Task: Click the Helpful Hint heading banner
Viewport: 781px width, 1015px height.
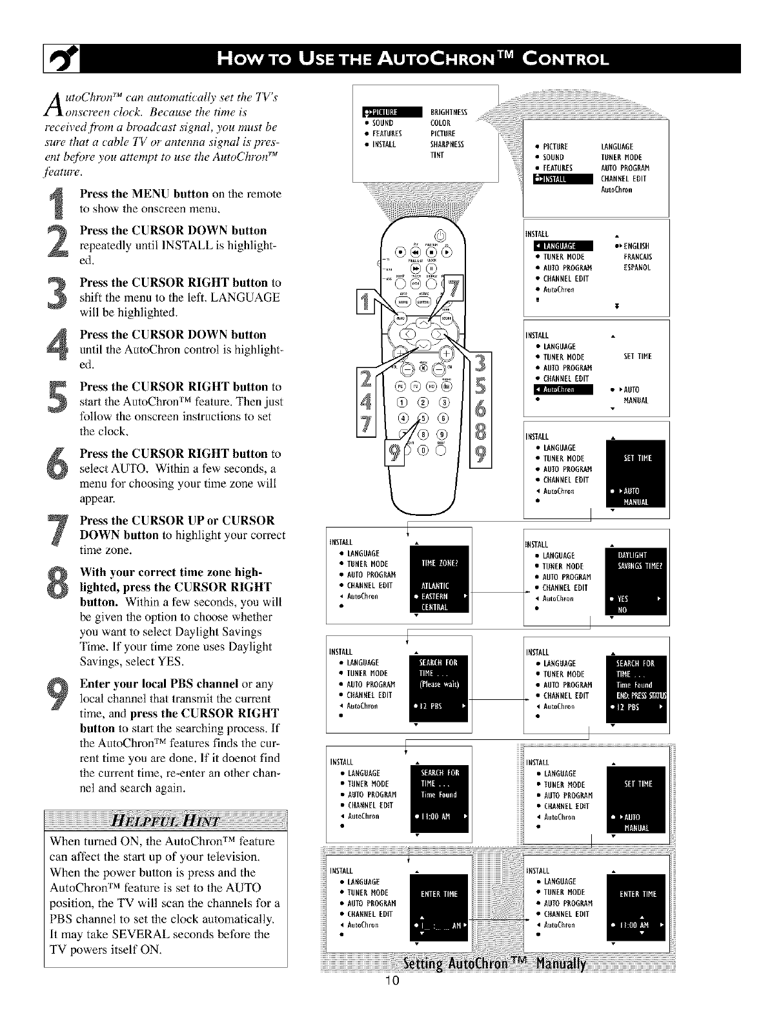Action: pyautogui.click(x=166, y=821)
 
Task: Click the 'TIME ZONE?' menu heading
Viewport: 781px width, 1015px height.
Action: pyautogui.click(x=439, y=563)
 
